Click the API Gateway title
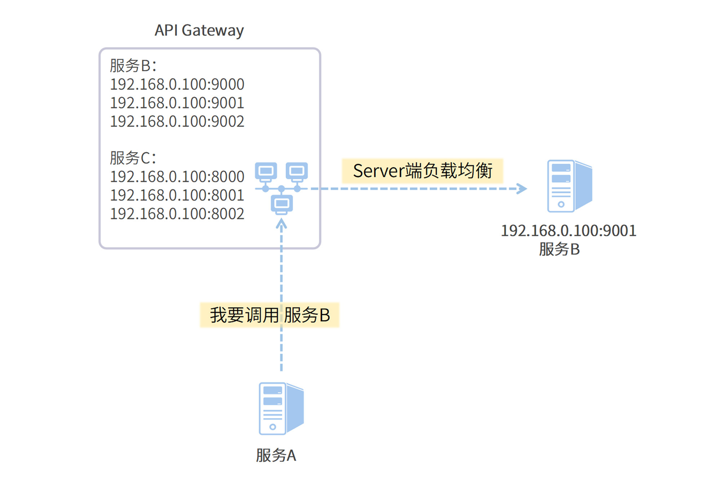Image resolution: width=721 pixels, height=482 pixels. (x=199, y=30)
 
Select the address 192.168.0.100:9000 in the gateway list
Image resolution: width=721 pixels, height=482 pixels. (x=177, y=84)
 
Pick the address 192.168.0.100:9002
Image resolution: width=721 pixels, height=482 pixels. (x=177, y=121)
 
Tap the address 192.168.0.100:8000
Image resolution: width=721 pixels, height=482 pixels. (x=177, y=177)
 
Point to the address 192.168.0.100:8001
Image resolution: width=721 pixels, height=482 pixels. (x=177, y=195)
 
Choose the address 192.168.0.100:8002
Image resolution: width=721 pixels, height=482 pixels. (x=177, y=214)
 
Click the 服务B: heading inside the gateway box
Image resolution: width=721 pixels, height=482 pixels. (x=133, y=66)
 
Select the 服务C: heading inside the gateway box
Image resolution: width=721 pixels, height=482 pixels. (x=133, y=158)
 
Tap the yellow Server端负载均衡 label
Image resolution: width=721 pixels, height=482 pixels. (x=422, y=171)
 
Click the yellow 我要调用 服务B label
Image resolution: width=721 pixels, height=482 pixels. (x=270, y=315)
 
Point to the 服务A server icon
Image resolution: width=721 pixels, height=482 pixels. (x=281, y=408)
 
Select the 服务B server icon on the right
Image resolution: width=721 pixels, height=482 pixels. (x=569, y=186)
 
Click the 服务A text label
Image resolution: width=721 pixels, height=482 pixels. (x=276, y=455)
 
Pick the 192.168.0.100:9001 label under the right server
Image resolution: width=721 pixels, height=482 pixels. (x=569, y=231)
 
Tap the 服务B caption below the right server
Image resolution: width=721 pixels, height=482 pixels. (x=559, y=249)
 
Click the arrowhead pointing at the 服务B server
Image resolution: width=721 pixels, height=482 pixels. (x=522, y=188)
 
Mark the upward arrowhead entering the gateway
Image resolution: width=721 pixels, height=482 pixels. (x=281, y=224)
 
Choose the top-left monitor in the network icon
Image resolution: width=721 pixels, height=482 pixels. (x=266, y=171)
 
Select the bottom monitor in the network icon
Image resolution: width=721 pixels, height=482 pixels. (x=282, y=204)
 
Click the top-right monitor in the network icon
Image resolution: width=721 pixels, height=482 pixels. (x=297, y=171)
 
